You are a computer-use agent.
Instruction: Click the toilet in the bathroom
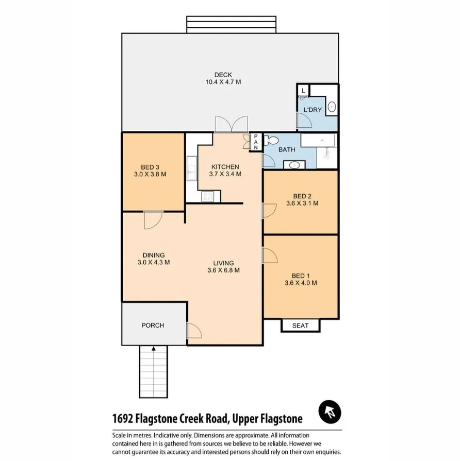pyautogui.click(x=271, y=141)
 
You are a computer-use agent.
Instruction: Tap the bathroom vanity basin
pyautogui.click(x=294, y=165)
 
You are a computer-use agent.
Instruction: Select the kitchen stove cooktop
pyautogui.click(x=208, y=196)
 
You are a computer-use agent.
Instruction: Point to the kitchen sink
pyautogui.click(x=192, y=172)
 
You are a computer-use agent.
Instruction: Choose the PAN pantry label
pyautogui.click(x=255, y=143)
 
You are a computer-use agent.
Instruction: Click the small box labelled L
pyautogui.click(x=303, y=91)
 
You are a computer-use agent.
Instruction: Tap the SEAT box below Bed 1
pyautogui.click(x=300, y=326)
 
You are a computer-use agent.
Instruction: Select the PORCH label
pyautogui.click(x=153, y=325)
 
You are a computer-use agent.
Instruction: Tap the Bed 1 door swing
pyautogui.click(x=270, y=256)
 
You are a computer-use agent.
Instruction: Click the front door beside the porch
pyautogui.click(x=194, y=330)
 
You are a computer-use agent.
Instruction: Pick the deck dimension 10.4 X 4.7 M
pyautogui.click(x=223, y=82)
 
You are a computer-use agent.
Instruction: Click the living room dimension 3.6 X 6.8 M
pyautogui.click(x=223, y=270)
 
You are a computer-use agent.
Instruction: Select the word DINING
pyautogui.click(x=153, y=255)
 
